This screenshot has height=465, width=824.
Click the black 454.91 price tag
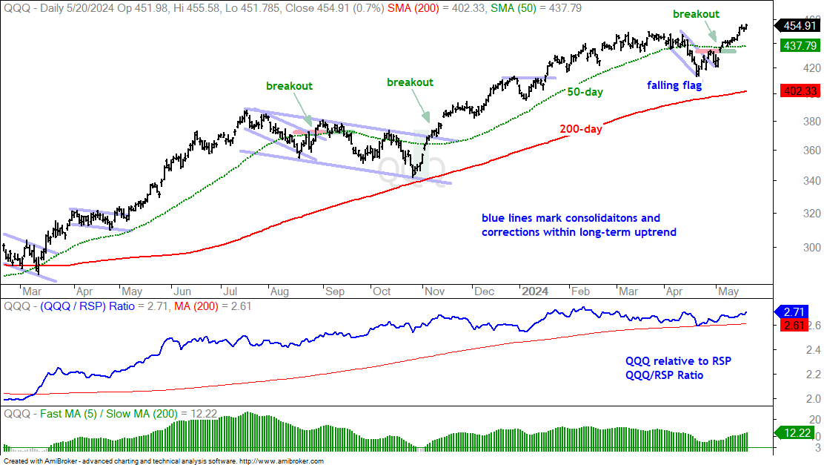click(x=799, y=26)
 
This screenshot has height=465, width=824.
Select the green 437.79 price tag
click(x=799, y=46)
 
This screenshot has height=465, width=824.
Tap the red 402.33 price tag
click(x=799, y=91)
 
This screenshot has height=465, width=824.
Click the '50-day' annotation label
click(x=585, y=91)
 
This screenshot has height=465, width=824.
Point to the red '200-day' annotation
click(x=581, y=129)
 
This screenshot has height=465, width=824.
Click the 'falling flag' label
click(x=674, y=85)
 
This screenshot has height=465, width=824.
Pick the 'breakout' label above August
click(x=289, y=86)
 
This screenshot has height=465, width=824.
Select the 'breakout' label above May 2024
click(x=697, y=14)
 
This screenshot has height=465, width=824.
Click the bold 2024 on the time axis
click(x=535, y=291)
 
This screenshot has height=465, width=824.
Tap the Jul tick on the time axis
click(x=230, y=291)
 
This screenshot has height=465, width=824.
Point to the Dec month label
click(x=484, y=291)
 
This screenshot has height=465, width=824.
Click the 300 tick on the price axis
click(x=811, y=248)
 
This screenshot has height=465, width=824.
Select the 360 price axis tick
click(x=811, y=151)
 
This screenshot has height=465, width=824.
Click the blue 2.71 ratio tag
click(x=794, y=312)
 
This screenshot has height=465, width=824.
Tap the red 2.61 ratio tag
click(x=794, y=325)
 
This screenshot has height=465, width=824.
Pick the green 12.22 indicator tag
click(x=797, y=433)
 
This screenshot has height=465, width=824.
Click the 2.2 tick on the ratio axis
click(x=814, y=375)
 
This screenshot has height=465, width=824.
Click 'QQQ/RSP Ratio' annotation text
click(x=664, y=375)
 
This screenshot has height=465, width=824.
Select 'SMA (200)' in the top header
click(x=413, y=8)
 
